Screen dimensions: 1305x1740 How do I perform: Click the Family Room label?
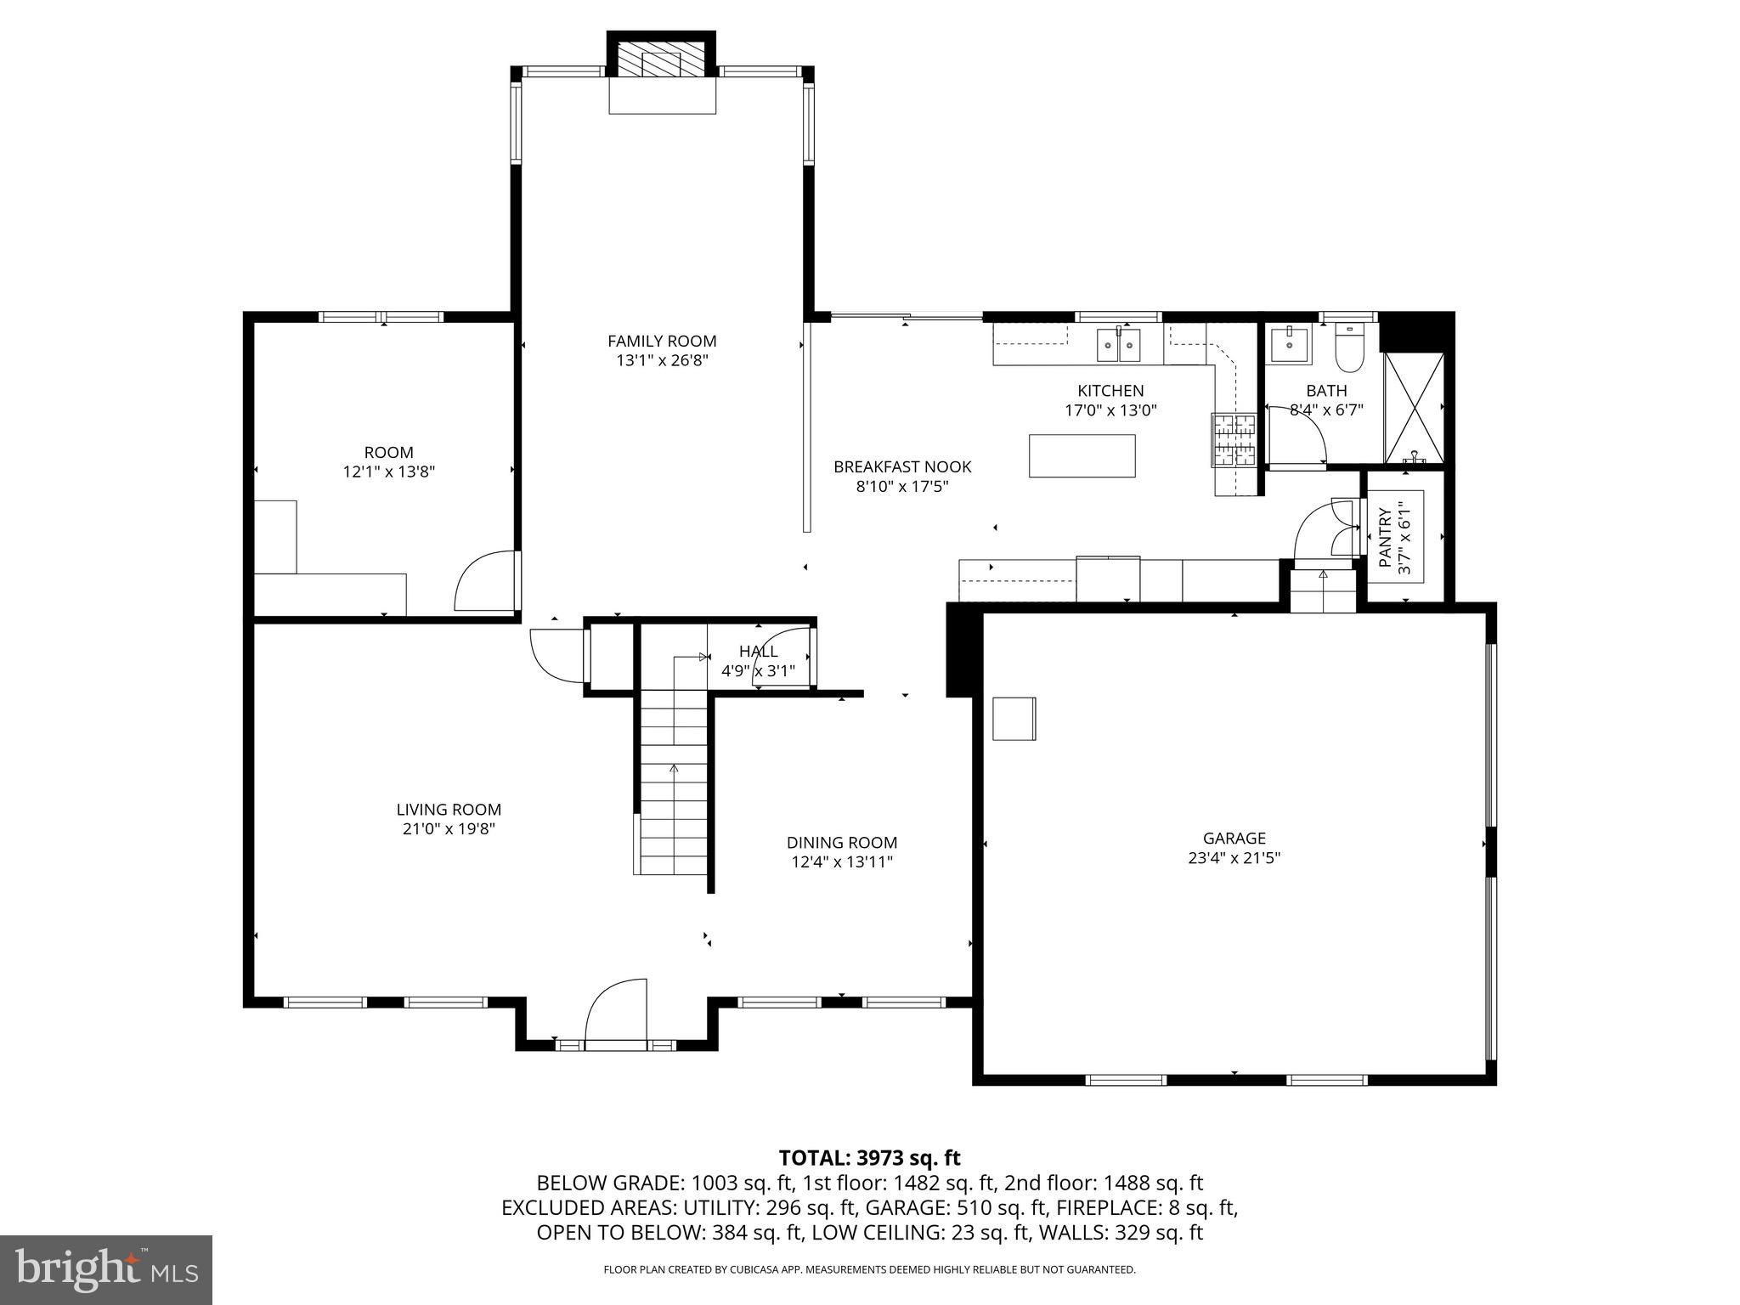pyautogui.click(x=662, y=341)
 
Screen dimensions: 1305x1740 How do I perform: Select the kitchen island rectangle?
pyautogui.click(x=1082, y=455)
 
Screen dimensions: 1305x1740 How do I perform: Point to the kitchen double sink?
pyautogui.click(x=1118, y=344)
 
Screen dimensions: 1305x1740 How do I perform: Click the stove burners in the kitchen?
pyautogui.click(x=1234, y=440)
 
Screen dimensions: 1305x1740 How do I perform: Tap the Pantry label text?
pyautogui.click(x=1386, y=537)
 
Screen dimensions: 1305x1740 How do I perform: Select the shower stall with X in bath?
pyautogui.click(x=1414, y=408)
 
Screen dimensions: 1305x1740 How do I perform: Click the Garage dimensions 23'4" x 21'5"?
pyautogui.click(x=1234, y=858)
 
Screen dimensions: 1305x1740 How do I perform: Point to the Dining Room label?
pyautogui.click(x=841, y=842)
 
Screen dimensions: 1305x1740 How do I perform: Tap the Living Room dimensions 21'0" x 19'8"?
pyautogui.click(x=449, y=828)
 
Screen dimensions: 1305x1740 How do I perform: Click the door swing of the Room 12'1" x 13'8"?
pyautogui.click(x=484, y=582)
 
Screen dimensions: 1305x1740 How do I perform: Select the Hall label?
pyautogui.click(x=758, y=651)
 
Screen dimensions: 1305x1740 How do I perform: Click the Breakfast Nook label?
pyautogui.click(x=901, y=466)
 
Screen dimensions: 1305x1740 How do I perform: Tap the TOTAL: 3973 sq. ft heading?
pyautogui.click(x=869, y=1157)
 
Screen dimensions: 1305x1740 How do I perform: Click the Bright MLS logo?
pyautogui.click(x=105, y=1269)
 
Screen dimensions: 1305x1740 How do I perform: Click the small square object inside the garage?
pyautogui.click(x=1014, y=718)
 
